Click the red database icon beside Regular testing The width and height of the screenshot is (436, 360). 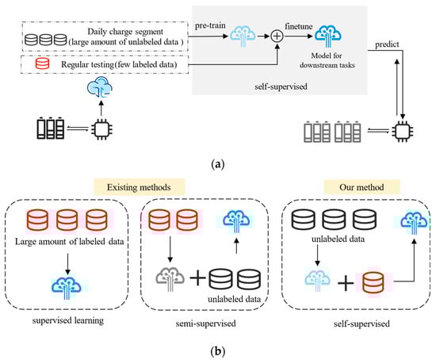tap(42, 63)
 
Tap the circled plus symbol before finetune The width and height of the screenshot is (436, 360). tap(277, 36)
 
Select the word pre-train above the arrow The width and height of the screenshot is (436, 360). tap(210, 25)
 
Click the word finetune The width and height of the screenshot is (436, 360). tap(299, 26)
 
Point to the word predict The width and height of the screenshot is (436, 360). tap(387, 44)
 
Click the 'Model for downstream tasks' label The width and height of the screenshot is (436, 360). tap(327, 60)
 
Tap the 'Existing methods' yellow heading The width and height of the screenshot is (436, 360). tap(139, 187)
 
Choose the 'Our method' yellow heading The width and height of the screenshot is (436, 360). tap(361, 187)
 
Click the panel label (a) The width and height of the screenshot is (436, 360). tap(218, 164)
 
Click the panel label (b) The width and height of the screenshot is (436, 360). tap(218, 351)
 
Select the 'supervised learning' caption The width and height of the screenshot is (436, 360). tap(68, 320)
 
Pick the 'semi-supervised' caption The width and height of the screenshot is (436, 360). tap(205, 324)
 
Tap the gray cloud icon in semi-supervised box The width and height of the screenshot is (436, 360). tap(170, 278)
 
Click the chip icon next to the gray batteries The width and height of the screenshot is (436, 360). tap(403, 131)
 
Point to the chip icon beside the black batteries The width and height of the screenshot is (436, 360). tap(101, 128)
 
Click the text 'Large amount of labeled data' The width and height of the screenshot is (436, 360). tap(69, 242)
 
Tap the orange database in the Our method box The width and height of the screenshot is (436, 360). tap(373, 282)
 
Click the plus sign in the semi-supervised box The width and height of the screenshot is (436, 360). tap(197, 278)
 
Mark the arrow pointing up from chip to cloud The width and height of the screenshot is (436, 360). tap(101, 108)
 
